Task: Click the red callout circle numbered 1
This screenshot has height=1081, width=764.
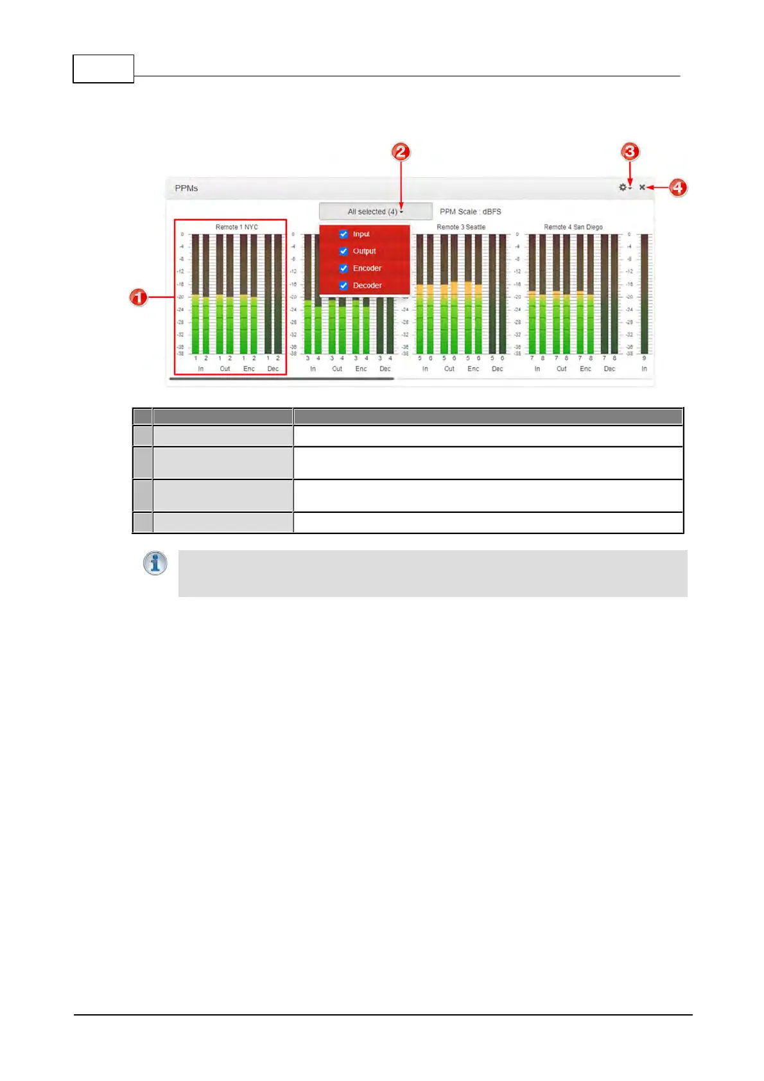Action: coord(139,298)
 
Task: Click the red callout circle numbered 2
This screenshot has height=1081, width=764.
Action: coord(401,152)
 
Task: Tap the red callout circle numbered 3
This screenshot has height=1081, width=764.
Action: coord(630,151)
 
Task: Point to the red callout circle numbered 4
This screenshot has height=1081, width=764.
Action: coord(677,187)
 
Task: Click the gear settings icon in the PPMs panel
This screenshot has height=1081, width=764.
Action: coord(623,187)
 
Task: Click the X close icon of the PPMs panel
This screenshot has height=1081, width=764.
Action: coord(642,187)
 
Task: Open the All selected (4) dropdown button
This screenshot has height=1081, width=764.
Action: coord(376,212)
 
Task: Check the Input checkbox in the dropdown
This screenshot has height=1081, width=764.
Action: coord(343,234)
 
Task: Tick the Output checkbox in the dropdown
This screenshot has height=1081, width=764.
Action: coord(343,252)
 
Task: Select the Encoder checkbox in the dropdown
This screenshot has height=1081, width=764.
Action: coord(343,268)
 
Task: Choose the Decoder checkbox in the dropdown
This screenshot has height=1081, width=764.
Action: coord(343,286)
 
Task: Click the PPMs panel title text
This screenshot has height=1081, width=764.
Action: coord(186,188)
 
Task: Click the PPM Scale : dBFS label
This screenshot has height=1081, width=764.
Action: coord(470,212)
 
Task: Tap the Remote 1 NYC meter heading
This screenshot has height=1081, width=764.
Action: coord(236,227)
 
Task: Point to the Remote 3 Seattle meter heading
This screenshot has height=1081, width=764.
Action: coord(461,227)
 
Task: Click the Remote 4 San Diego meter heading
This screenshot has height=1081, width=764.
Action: coord(573,227)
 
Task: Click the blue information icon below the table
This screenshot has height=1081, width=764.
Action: coord(155,564)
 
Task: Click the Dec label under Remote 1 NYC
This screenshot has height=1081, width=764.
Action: coord(273,369)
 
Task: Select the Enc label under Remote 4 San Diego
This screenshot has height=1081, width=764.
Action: coord(586,369)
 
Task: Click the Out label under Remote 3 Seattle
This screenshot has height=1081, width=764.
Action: coord(449,369)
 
